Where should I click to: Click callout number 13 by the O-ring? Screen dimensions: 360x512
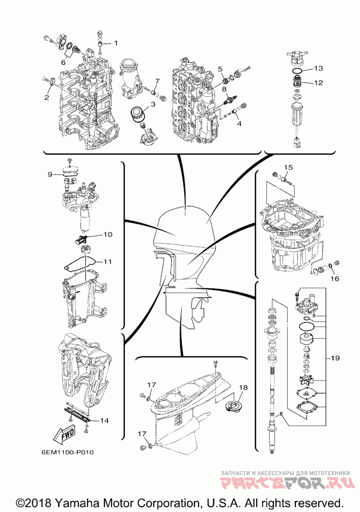point(318,68)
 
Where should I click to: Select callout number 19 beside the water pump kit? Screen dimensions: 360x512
point(335,358)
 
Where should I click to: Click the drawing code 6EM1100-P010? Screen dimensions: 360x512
point(67,452)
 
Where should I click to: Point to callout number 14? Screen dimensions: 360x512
point(104,421)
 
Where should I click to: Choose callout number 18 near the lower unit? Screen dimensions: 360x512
point(243,387)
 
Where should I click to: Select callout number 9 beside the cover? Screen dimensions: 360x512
point(49,175)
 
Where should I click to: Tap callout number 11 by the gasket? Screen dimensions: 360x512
point(108,261)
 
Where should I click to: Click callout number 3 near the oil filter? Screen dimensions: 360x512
point(153,104)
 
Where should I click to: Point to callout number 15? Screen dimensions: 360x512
point(288,167)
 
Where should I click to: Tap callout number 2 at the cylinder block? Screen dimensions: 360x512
point(47,97)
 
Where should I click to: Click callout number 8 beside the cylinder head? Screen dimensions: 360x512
point(225,89)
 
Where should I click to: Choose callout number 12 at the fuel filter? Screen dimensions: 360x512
point(318,83)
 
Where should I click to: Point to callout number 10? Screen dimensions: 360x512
point(108,234)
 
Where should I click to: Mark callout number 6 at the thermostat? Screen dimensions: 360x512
point(63,62)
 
